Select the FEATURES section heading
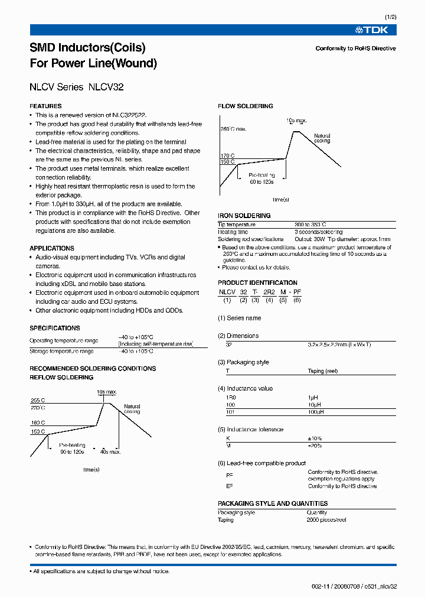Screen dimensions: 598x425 click(45, 106)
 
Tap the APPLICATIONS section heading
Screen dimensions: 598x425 click(52, 248)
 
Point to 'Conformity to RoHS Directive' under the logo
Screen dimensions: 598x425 click(355, 48)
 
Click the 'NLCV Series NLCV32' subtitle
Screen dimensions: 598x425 click(76, 87)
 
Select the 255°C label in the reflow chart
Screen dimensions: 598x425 click(38, 400)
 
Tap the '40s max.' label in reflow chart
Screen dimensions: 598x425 click(110, 452)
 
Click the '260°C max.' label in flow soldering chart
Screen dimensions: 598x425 click(233, 128)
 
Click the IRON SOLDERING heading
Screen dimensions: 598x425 click(244, 216)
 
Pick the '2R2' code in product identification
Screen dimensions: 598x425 click(269, 292)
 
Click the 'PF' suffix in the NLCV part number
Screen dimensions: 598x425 click(297, 292)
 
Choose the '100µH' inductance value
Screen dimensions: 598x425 click(316, 411)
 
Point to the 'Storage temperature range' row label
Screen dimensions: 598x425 click(61, 351)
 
